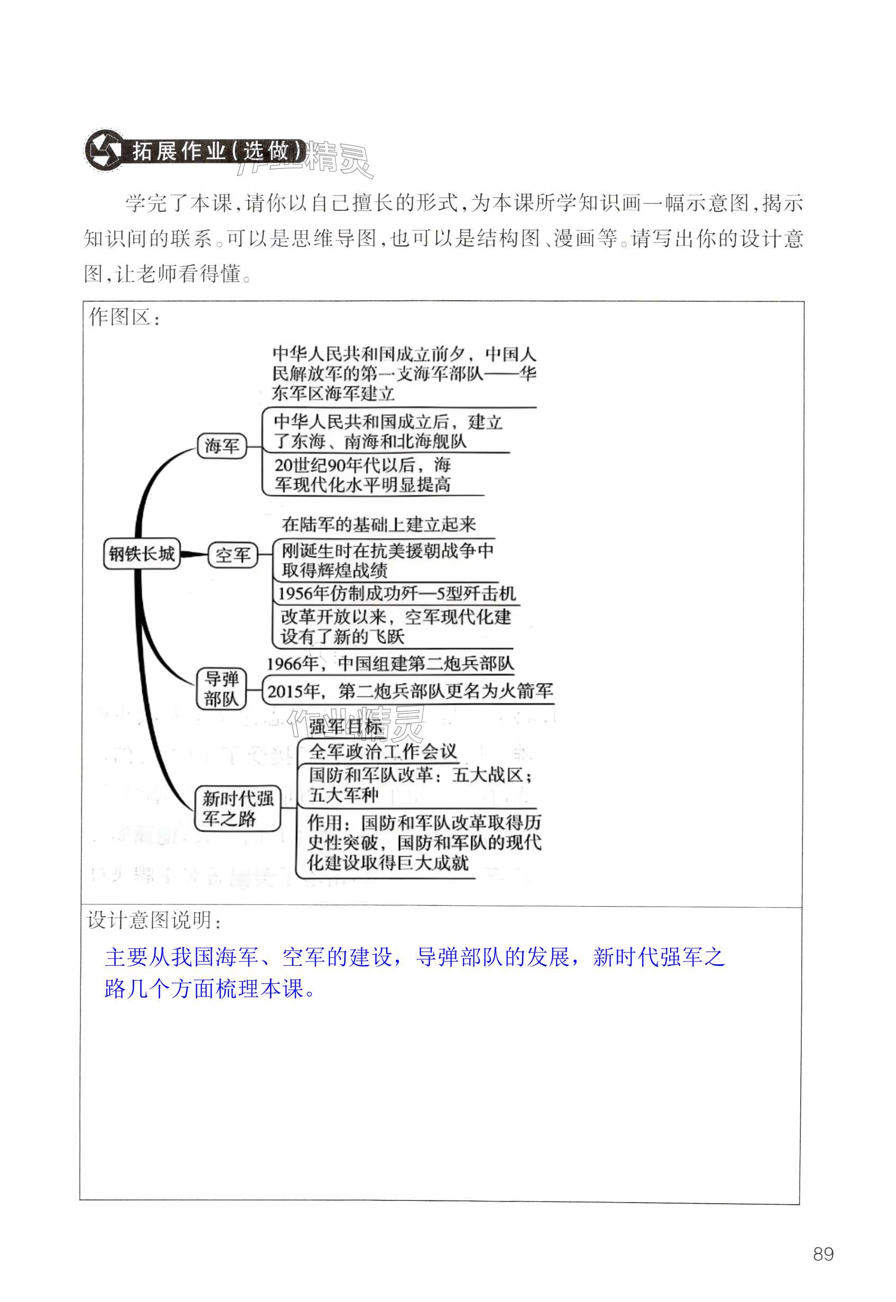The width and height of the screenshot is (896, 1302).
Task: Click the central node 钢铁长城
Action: click(x=141, y=554)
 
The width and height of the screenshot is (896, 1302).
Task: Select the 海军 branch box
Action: click(x=222, y=446)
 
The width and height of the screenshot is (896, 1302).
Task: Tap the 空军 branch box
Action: click(x=232, y=555)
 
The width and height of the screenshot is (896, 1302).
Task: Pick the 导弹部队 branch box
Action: click(x=221, y=689)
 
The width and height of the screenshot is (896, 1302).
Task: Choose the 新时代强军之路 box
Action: click(x=237, y=808)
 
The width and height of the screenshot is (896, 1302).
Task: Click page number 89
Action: click(x=823, y=1254)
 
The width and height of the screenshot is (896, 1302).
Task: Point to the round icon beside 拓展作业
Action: click(x=104, y=150)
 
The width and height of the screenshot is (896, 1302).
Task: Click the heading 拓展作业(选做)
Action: click(x=219, y=151)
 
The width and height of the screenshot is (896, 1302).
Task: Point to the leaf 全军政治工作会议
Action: click(x=383, y=751)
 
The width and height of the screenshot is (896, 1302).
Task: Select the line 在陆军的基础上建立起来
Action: click(x=378, y=524)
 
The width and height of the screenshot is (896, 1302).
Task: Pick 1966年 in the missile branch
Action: click(x=292, y=664)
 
